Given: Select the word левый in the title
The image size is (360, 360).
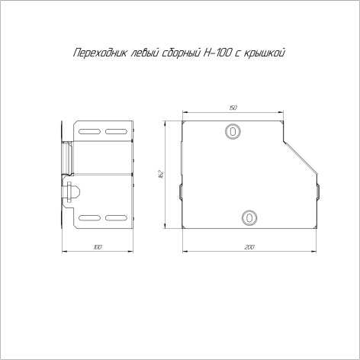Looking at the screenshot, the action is [144, 53].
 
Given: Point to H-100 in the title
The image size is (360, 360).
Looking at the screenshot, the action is [217, 53].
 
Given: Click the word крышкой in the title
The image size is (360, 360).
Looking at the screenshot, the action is [264, 53].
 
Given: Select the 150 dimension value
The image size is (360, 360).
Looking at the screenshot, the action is [233, 108].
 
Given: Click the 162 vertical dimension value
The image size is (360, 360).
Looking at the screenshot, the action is [161, 174].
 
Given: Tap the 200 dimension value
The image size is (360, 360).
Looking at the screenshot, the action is [249, 247].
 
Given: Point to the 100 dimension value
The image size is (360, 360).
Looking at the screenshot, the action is [98, 247].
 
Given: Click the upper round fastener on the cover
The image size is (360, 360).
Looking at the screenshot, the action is [233, 131].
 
